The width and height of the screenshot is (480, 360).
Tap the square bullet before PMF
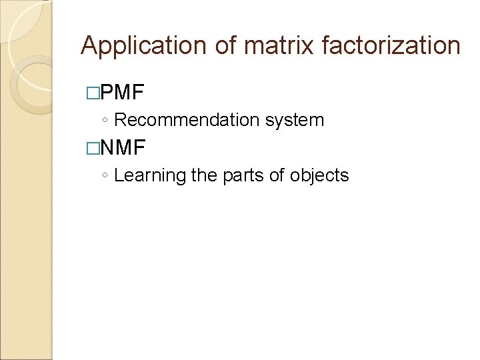pyautogui.click(x=92, y=92)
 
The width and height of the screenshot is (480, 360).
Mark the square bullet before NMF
pyautogui.click(x=92, y=147)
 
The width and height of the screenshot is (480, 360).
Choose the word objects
pyautogui.click(x=319, y=176)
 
